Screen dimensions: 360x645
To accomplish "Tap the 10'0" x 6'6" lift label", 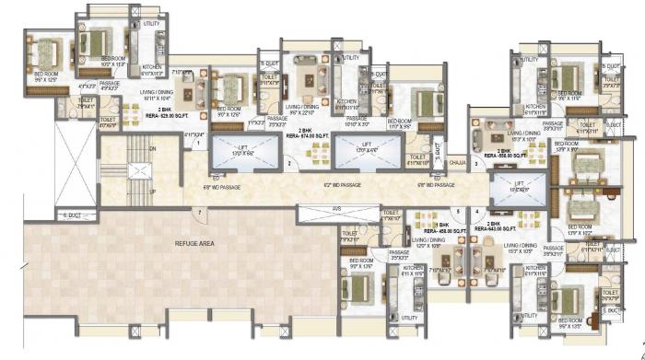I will click(508, 185).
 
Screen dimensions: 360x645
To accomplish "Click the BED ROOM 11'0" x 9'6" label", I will click(399, 122).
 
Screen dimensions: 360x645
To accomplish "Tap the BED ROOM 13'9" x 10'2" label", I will click(580, 228).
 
